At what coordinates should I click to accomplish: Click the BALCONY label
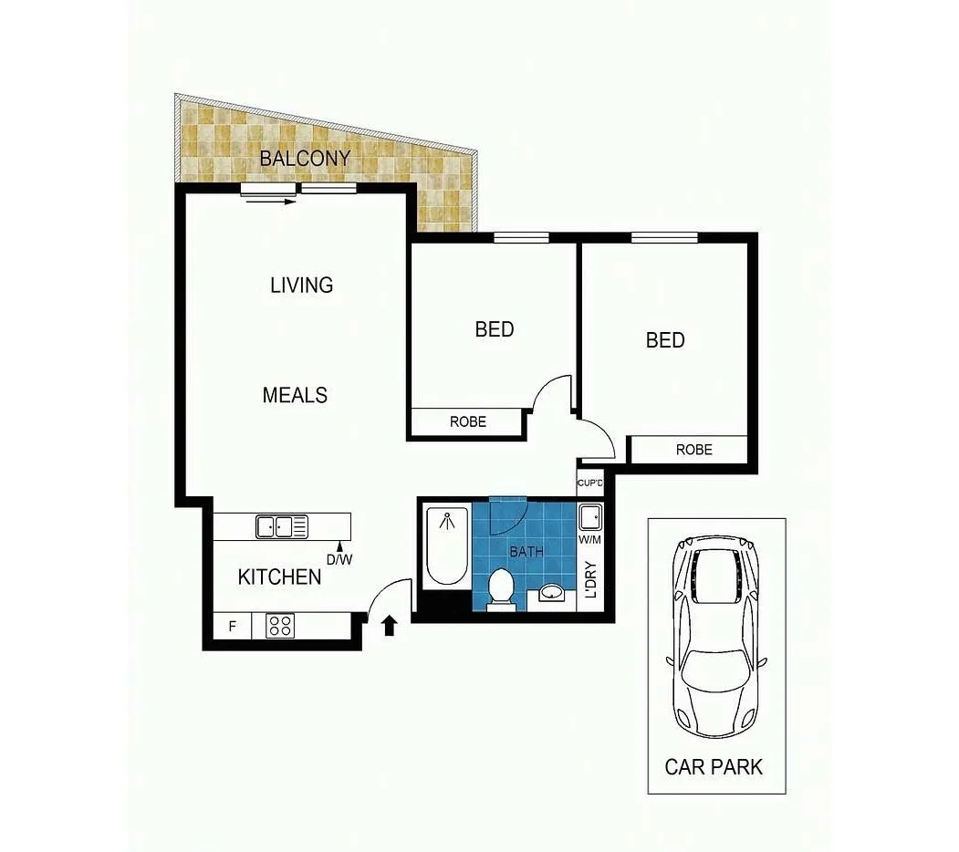click(x=305, y=158)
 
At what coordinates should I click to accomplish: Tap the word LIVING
click(x=301, y=285)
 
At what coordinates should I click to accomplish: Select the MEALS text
click(x=295, y=395)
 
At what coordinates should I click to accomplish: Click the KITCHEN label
click(x=279, y=577)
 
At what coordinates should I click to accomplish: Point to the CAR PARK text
click(x=714, y=766)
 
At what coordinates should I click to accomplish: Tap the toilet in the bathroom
click(x=500, y=586)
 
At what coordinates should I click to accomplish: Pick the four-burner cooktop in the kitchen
click(x=281, y=626)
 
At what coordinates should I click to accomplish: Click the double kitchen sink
click(x=282, y=526)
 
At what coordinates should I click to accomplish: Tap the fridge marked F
click(x=233, y=627)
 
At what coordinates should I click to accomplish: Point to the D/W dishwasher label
click(x=339, y=559)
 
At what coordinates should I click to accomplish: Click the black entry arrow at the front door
click(x=390, y=625)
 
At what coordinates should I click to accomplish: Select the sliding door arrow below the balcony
click(x=278, y=201)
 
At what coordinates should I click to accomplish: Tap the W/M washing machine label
click(x=590, y=539)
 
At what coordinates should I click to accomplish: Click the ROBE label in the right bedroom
click(x=693, y=450)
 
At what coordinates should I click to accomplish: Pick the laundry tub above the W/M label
click(x=590, y=517)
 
